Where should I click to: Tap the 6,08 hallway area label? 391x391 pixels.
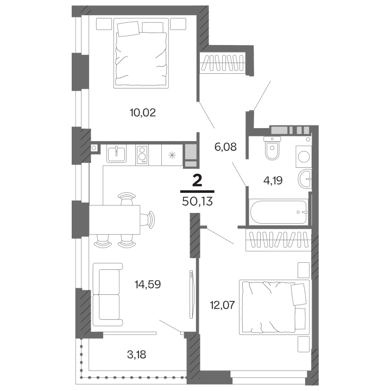coord(225,147)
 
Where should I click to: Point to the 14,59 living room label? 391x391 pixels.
coord(148,283)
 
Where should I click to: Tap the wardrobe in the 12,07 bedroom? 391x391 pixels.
coord(278,239)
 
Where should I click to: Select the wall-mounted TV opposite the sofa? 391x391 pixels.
coord(191,296)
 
